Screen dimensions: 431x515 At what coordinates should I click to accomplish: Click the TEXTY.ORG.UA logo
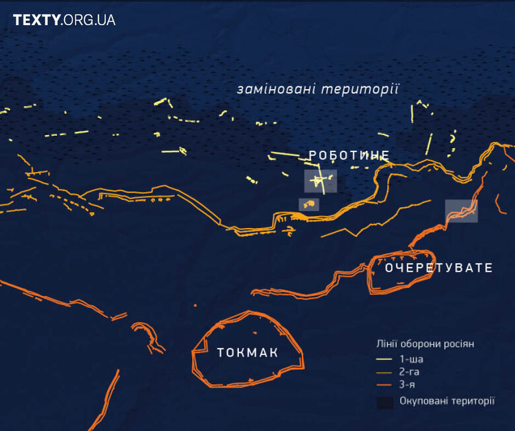64,20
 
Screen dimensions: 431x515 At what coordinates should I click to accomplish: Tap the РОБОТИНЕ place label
349,156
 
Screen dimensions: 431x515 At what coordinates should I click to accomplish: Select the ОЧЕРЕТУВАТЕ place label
438,268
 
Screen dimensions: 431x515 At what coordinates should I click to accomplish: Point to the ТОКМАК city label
248,353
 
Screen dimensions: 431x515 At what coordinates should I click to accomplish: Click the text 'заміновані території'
318,89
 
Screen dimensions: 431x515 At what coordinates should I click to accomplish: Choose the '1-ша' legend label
411,359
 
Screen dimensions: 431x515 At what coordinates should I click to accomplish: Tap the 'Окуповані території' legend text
447,401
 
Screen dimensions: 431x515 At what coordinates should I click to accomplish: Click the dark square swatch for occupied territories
385,402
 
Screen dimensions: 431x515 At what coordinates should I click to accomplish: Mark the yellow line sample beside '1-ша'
384,360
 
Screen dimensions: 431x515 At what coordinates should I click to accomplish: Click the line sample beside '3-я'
384,385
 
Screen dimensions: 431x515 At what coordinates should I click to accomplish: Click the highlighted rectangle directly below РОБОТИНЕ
320,181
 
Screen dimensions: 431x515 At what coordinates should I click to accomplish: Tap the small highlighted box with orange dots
308,205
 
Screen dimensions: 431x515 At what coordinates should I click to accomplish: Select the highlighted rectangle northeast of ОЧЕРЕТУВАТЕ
461,211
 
